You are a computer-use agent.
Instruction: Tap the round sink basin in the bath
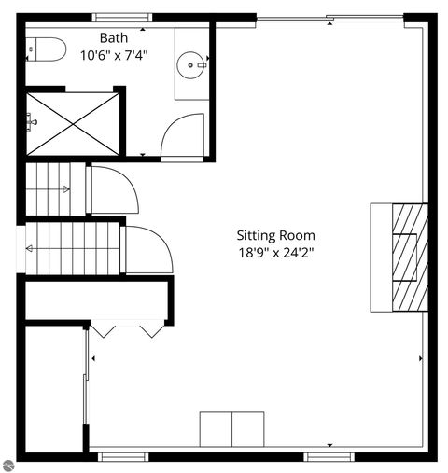point(191,65)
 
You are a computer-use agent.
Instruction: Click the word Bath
point(114,37)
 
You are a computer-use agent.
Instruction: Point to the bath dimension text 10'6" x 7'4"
point(114,55)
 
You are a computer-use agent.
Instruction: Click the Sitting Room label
point(275,235)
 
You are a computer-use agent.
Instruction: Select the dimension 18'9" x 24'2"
point(275,252)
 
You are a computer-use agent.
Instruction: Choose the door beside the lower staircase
point(147,250)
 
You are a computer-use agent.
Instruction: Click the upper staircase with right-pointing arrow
point(54,189)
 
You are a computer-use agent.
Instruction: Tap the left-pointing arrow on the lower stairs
point(32,248)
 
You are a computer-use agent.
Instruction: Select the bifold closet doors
point(127,329)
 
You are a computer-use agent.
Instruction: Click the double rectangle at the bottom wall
point(231,429)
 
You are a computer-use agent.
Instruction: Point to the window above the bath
point(121,16)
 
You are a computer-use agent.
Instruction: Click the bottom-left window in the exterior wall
point(123,456)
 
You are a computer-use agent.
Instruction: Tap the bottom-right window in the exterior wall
point(329,456)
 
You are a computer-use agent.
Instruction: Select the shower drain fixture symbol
point(32,121)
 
